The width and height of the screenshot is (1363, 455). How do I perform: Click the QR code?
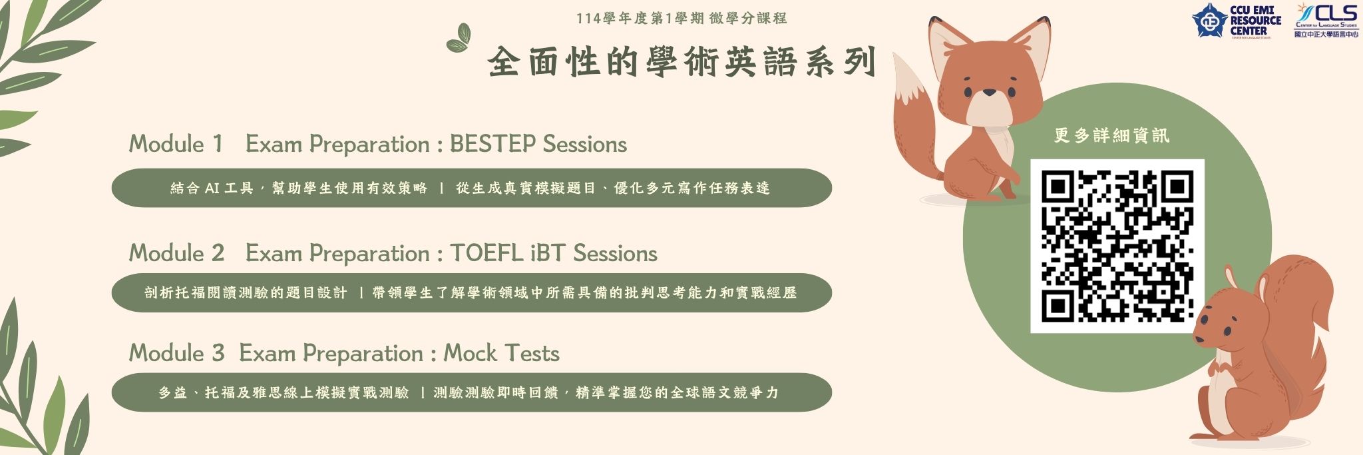1117,246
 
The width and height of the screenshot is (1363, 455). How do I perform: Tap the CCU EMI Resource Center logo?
1236,20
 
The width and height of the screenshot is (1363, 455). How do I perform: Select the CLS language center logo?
1326,19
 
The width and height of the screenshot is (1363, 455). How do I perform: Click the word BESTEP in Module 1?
492,144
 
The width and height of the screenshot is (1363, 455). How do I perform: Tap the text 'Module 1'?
175,144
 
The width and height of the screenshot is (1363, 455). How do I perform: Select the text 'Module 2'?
176,253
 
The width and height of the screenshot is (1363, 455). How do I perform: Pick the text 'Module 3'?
176,353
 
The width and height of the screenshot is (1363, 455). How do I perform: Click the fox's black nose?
990,93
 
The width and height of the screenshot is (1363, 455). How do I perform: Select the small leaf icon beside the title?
459,38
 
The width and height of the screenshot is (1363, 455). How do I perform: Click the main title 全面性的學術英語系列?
681,63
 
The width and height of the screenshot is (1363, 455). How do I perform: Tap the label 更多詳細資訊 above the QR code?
1111,136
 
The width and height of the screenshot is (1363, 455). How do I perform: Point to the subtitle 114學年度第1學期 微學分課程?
681,18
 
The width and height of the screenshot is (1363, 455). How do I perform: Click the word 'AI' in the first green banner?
212,189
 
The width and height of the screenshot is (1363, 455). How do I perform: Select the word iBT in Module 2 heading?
548,253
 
